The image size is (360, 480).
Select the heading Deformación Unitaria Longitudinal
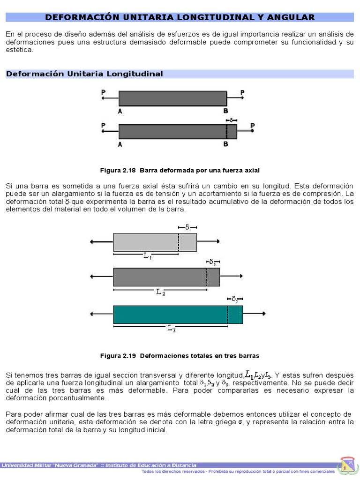84,74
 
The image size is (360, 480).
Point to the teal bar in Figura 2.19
178,315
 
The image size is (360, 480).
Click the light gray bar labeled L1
155,242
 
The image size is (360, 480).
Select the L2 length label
160,292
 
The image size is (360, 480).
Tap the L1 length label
147,256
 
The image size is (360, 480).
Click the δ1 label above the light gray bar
187,227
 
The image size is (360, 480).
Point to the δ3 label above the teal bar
234,299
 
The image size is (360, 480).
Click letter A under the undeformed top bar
120,111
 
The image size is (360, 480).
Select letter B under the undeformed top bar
225,111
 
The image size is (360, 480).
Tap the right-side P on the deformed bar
252,125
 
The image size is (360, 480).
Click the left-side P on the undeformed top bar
103,93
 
